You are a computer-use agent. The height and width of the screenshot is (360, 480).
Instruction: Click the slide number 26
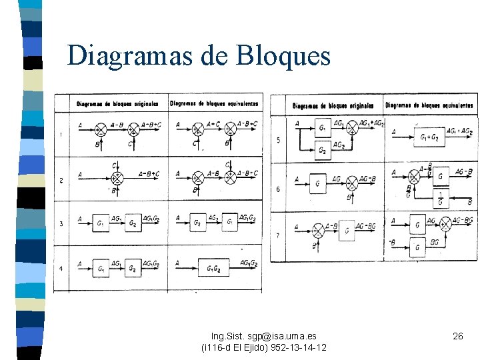[x=458, y=337]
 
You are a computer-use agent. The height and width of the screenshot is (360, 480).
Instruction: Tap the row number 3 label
[x=61, y=224]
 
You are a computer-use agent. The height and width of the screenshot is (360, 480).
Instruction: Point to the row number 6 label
[x=278, y=189]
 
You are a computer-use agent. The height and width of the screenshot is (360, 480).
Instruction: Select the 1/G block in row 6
[x=439, y=198]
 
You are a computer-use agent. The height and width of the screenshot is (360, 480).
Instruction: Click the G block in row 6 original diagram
[x=317, y=183]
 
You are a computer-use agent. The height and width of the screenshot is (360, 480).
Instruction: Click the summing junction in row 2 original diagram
[x=117, y=178]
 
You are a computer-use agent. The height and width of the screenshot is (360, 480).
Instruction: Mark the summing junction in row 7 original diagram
[x=319, y=231]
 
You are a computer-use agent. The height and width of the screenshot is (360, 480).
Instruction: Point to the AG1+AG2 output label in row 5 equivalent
[x=459, y=131]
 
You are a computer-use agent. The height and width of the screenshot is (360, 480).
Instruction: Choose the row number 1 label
[x=61, y=135]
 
